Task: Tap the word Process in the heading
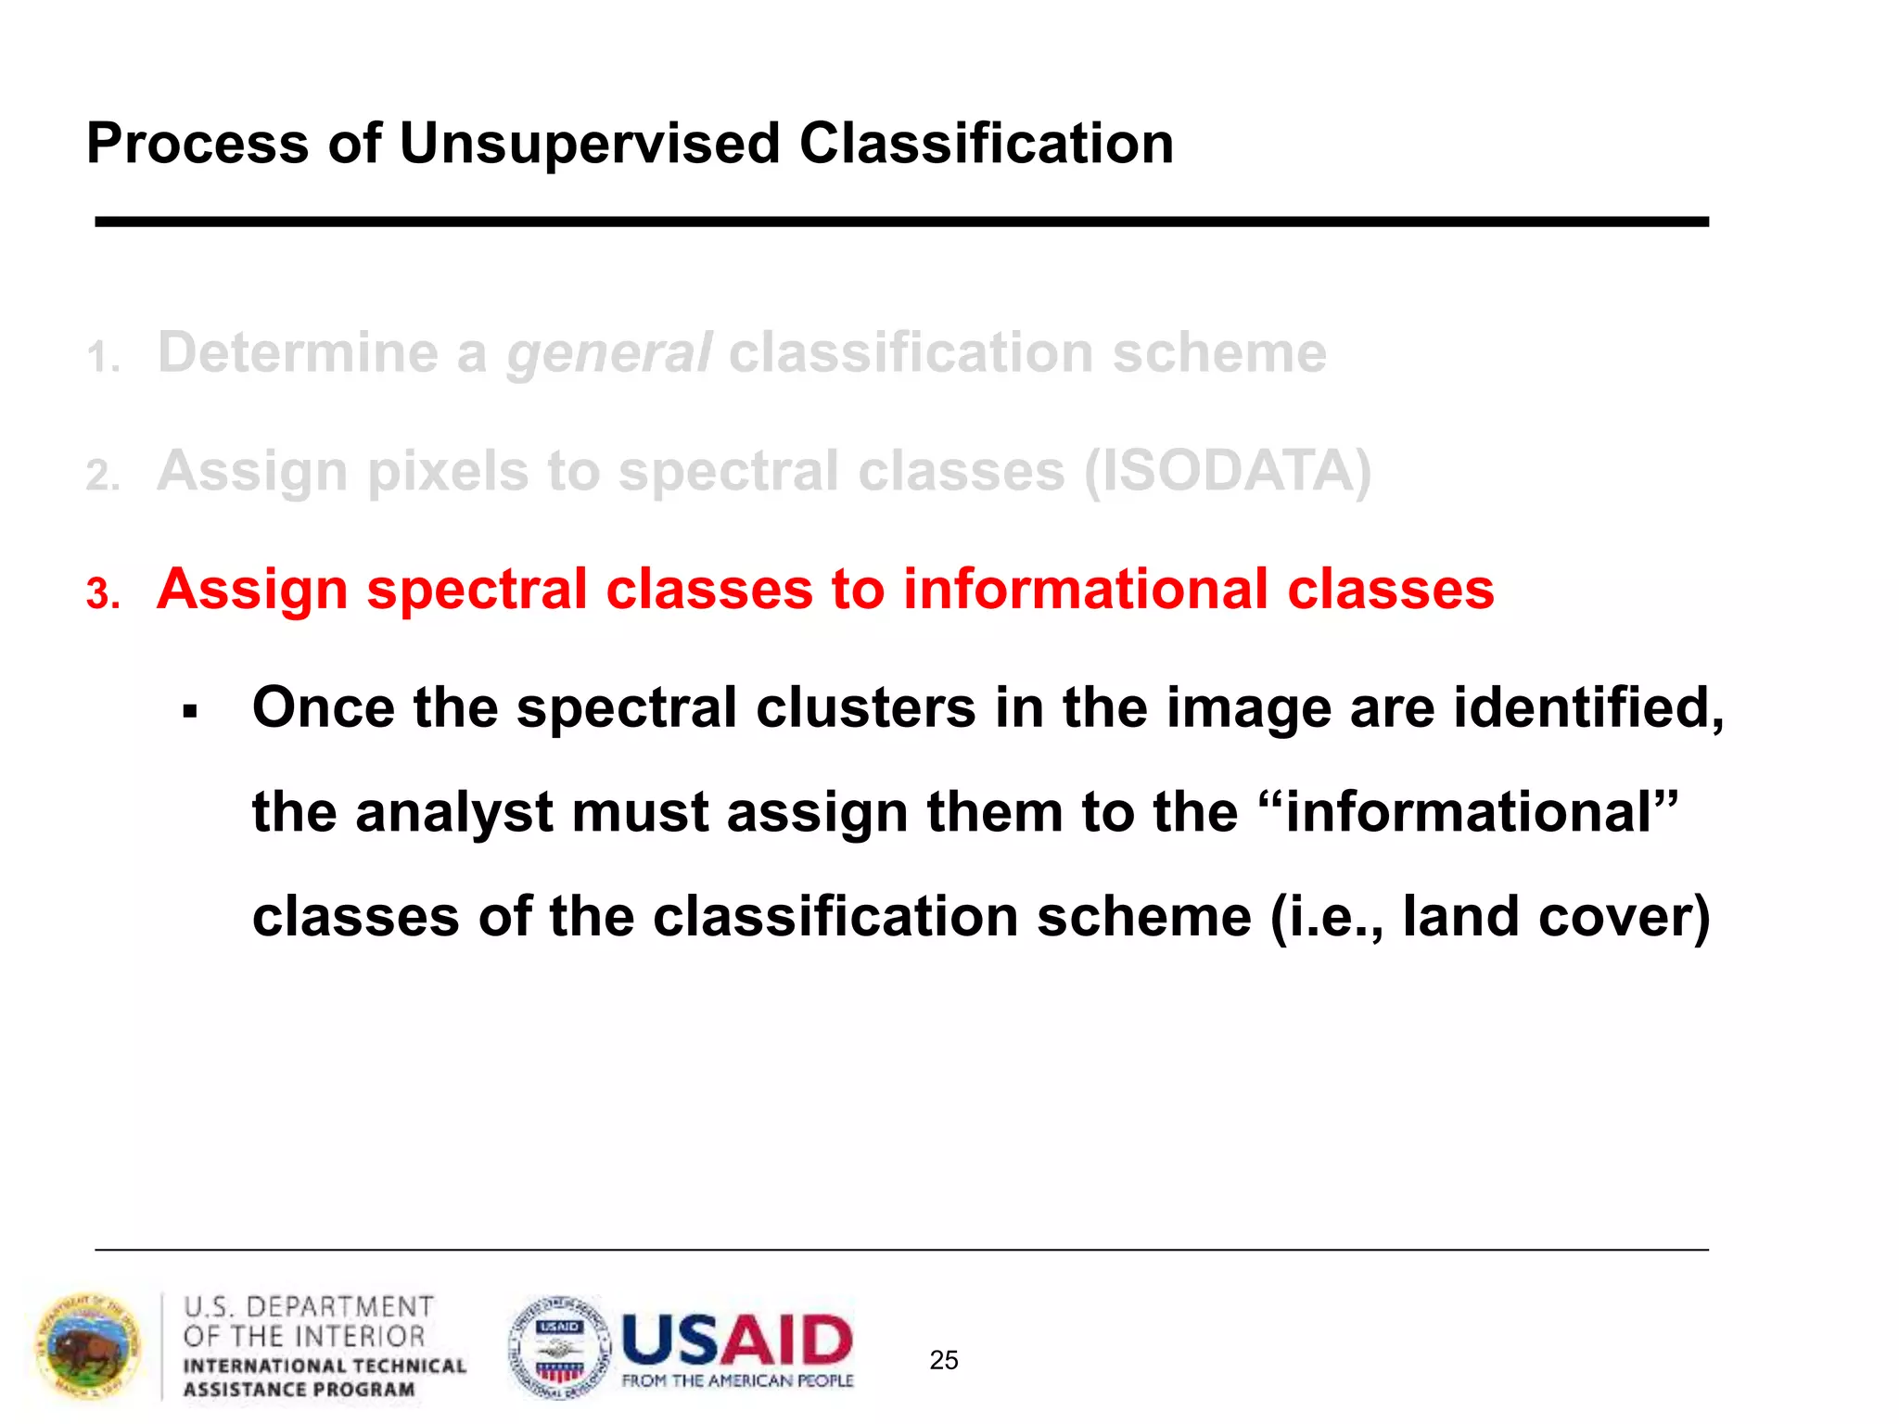click(198, 145)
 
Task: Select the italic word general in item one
click(609, 354)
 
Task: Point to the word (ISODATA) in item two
click(1228, 472)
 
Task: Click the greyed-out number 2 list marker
click(102, 477)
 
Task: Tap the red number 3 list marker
click(103, 594)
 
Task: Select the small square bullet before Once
click(190, 712)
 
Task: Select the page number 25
click(943, 1360)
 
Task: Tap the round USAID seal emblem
click(560, 1348)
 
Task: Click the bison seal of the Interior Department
click(88, 1347)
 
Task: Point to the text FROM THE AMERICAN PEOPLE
click(737, 1381)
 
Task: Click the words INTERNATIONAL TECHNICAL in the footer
click(325, 1367)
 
